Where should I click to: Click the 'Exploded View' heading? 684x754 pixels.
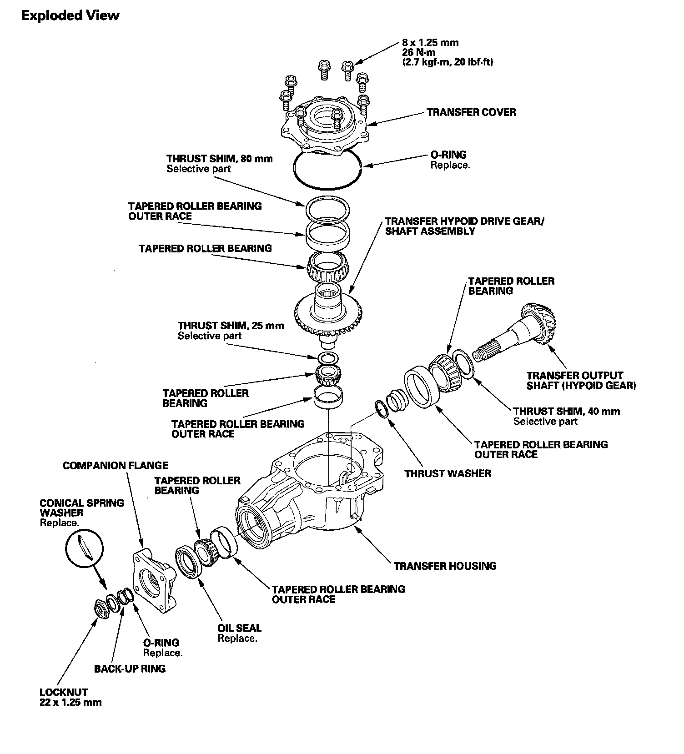click(70, 16)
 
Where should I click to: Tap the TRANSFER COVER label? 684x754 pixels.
click(471, 112)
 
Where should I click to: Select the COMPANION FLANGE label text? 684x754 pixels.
click(115, 466)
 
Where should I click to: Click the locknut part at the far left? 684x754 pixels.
click(100, 609)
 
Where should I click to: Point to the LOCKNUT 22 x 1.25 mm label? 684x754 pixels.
click(70, 697)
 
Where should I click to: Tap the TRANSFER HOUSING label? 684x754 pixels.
click(445, 566)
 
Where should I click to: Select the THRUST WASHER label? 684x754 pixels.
click(448, 473)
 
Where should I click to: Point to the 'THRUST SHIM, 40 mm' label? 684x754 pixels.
click(566, 412)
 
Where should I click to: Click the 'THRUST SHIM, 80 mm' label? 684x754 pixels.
click(219, 159)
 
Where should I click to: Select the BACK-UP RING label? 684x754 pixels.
click(130, 669)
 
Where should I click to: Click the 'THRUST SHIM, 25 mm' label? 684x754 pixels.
click(231, 326)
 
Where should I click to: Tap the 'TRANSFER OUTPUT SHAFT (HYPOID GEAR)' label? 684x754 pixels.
click(581, 381)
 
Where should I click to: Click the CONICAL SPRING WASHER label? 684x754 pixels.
click(81, 508)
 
